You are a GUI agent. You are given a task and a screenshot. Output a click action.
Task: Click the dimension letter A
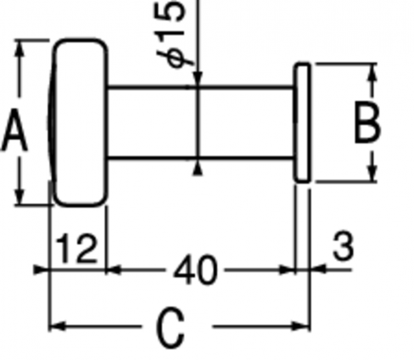(x=14, y=130)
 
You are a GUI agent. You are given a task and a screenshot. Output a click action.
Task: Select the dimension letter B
(x=368, y=123)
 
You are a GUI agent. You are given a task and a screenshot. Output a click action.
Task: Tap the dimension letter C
(x=170, y=328)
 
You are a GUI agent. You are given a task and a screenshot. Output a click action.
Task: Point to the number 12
(x=76, y=248)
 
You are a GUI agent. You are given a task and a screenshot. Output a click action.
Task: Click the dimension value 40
(x=194, y=270)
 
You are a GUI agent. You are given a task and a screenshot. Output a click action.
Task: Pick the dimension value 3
(x=343, y=246)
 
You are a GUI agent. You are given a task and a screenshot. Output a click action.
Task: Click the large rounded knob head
(x=79, y=123)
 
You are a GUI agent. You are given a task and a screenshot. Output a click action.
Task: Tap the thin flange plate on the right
(x=303, y=123)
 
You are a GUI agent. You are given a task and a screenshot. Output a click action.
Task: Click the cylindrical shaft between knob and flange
(x=201, y=123)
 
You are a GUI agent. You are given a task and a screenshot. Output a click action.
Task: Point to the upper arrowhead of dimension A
(x=19, y=51)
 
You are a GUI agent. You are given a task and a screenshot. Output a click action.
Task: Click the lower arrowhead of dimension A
(x=19, y=195)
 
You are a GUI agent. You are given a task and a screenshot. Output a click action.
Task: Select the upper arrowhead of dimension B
(x=373, y=72)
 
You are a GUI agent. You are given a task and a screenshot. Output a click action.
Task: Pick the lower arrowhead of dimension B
(x=373, y=172)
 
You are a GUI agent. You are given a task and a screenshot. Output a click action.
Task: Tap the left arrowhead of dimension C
(x=57, y=326)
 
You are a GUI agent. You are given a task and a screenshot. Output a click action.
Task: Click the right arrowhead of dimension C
(x=301, y=326)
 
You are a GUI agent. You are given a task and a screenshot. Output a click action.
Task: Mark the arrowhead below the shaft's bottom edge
(x=197, y=169)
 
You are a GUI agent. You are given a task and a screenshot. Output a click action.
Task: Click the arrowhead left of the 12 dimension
(x=41, y=270)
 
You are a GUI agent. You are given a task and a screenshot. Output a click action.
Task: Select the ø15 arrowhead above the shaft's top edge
(x=197, y=78)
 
